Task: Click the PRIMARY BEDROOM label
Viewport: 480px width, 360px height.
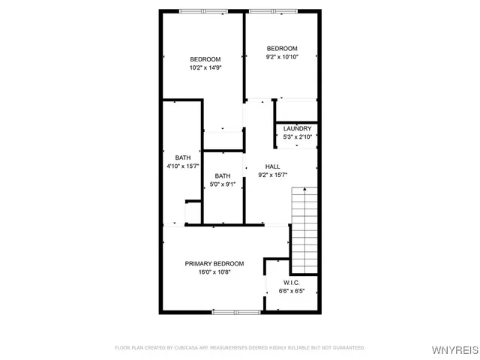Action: tap(214, 264)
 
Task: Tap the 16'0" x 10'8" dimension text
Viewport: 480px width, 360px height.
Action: tap(214, 273)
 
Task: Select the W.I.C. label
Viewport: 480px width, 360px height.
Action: tap(292, 282)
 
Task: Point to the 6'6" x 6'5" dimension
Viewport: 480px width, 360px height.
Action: tap(292, 291)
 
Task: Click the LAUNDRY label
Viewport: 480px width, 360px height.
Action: tap(297, 128)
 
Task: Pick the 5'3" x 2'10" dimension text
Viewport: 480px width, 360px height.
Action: tap(297, 137)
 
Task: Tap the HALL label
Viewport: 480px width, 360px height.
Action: tap(273, 166)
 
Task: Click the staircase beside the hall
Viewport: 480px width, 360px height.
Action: tap(304, 229)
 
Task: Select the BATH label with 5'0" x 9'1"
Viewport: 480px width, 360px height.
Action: tap(223, 175)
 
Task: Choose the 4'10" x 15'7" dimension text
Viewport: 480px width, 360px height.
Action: tap(183, 166)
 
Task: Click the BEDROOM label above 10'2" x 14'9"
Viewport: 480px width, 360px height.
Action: tap(205, 59)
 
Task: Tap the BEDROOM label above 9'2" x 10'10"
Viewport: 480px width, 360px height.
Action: tap(282, 48)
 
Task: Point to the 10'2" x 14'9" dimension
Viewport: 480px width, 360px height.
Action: tap(205, 68)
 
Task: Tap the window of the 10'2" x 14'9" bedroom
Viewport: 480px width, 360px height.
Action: tap(202, 10)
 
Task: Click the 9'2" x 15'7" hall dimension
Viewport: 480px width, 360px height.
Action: tap(273, 175)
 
